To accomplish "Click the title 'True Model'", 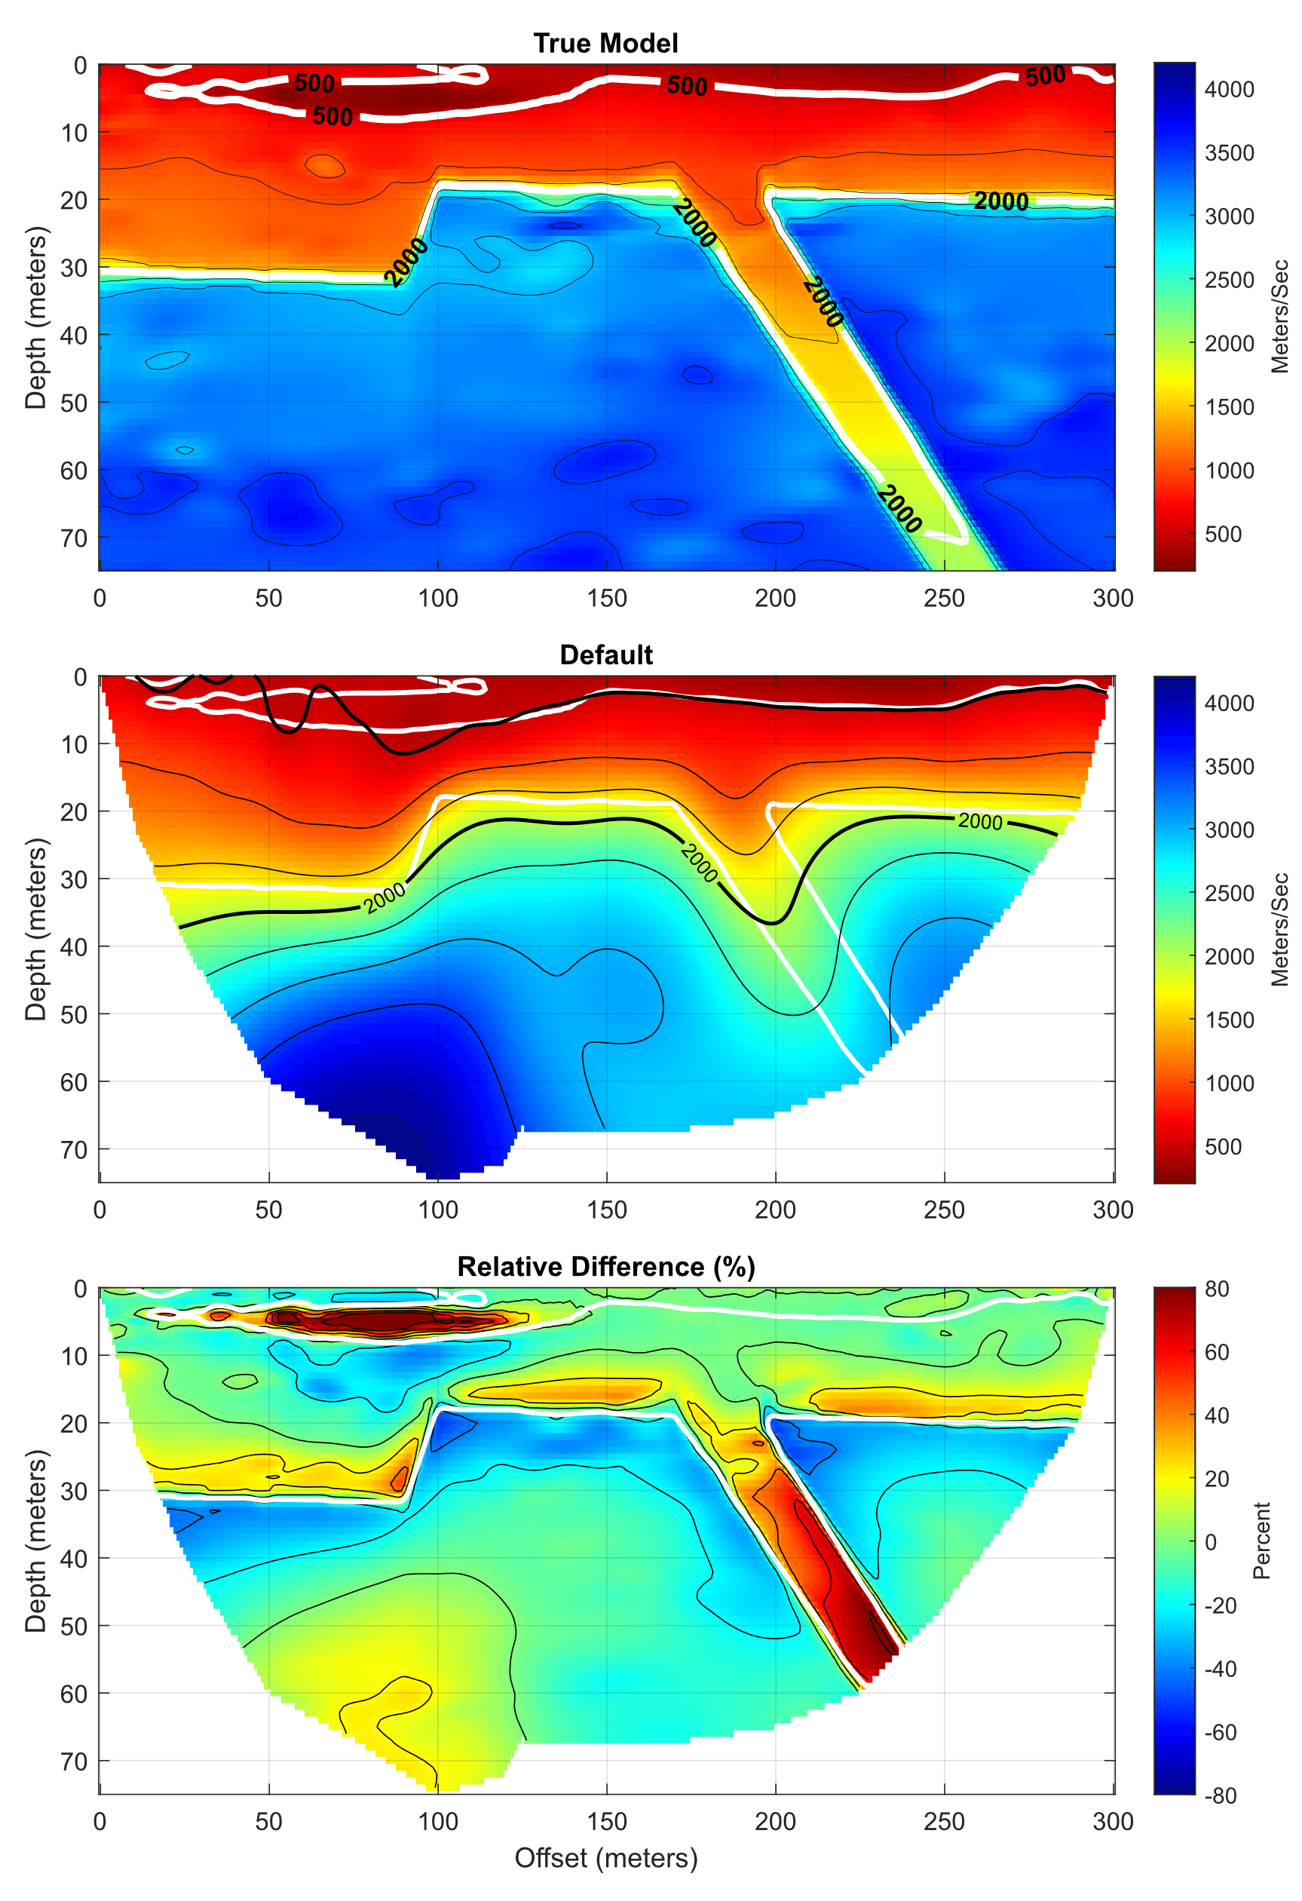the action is tap(605, 43).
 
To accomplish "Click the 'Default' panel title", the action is tap(606, 655).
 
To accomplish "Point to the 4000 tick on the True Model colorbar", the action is tap(1228, 89).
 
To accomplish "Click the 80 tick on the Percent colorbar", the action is tap(1216, 1289).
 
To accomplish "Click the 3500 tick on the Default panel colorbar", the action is tap(1228, 766).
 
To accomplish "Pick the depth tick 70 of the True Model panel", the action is tap(75, 538).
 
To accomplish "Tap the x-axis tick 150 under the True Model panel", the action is tap(606, 598).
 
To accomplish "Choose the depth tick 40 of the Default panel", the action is tap(75, 946).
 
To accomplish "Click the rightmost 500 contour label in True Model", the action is tap(1045, 77).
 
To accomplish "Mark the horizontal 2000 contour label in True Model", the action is tap(1000, 201).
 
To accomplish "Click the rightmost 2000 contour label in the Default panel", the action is tap(980, 820).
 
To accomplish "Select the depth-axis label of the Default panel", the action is tap(35, 929).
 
